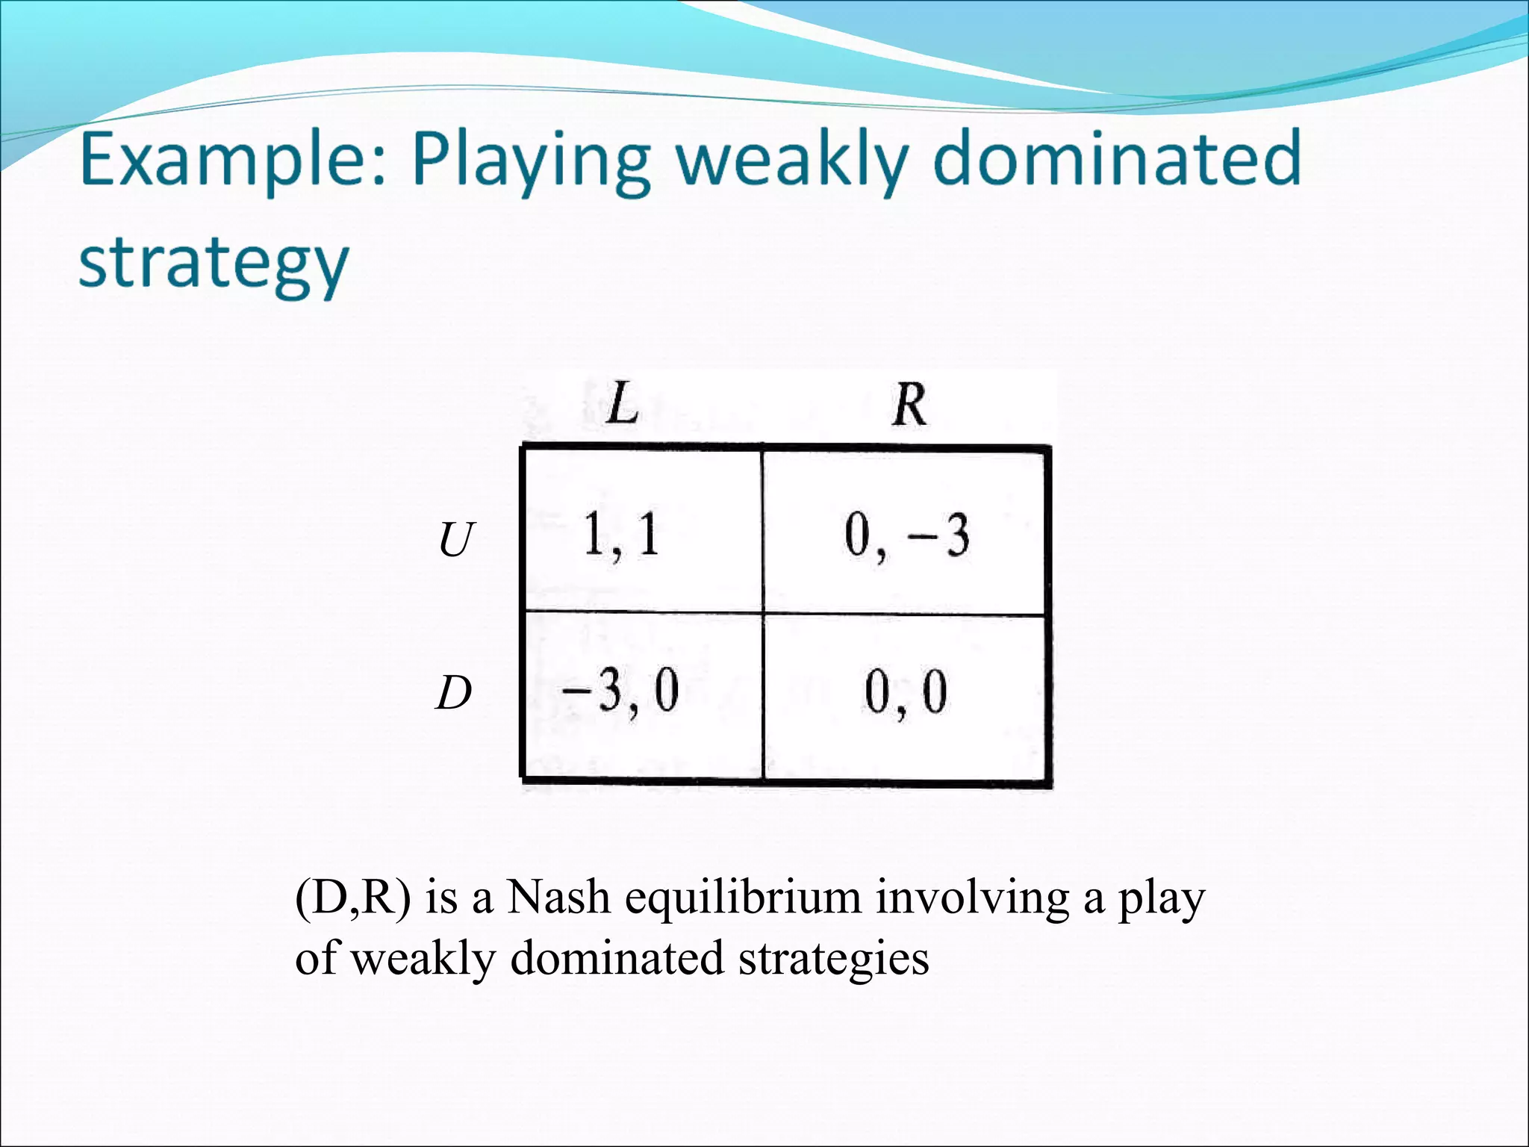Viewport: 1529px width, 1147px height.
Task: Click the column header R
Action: pyautogui.click(x=909, y=405)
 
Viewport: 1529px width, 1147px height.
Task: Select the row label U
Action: pyautogui.click(x=455, y=540)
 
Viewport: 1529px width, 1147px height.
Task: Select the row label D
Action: pyautogui.click(x=454, y=693)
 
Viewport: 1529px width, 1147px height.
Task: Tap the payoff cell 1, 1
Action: pyautogui.click(x=621, y=535)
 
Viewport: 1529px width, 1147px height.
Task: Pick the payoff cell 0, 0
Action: pyautogui.click(x=906, y=693)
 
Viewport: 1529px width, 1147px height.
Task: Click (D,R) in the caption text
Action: pyautogui.click(x=352, y=898)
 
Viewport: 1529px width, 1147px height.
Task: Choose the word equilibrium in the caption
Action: pyautogui.click(x=743, y=898)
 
